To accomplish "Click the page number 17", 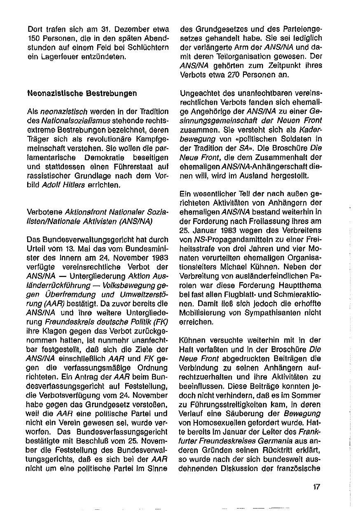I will pyautogui.click(x=316, y=487).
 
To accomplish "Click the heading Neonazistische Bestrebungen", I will pyautogui.click(x=82, y=93).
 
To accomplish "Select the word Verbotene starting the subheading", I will pyautogui.click(x=44, y=212).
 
